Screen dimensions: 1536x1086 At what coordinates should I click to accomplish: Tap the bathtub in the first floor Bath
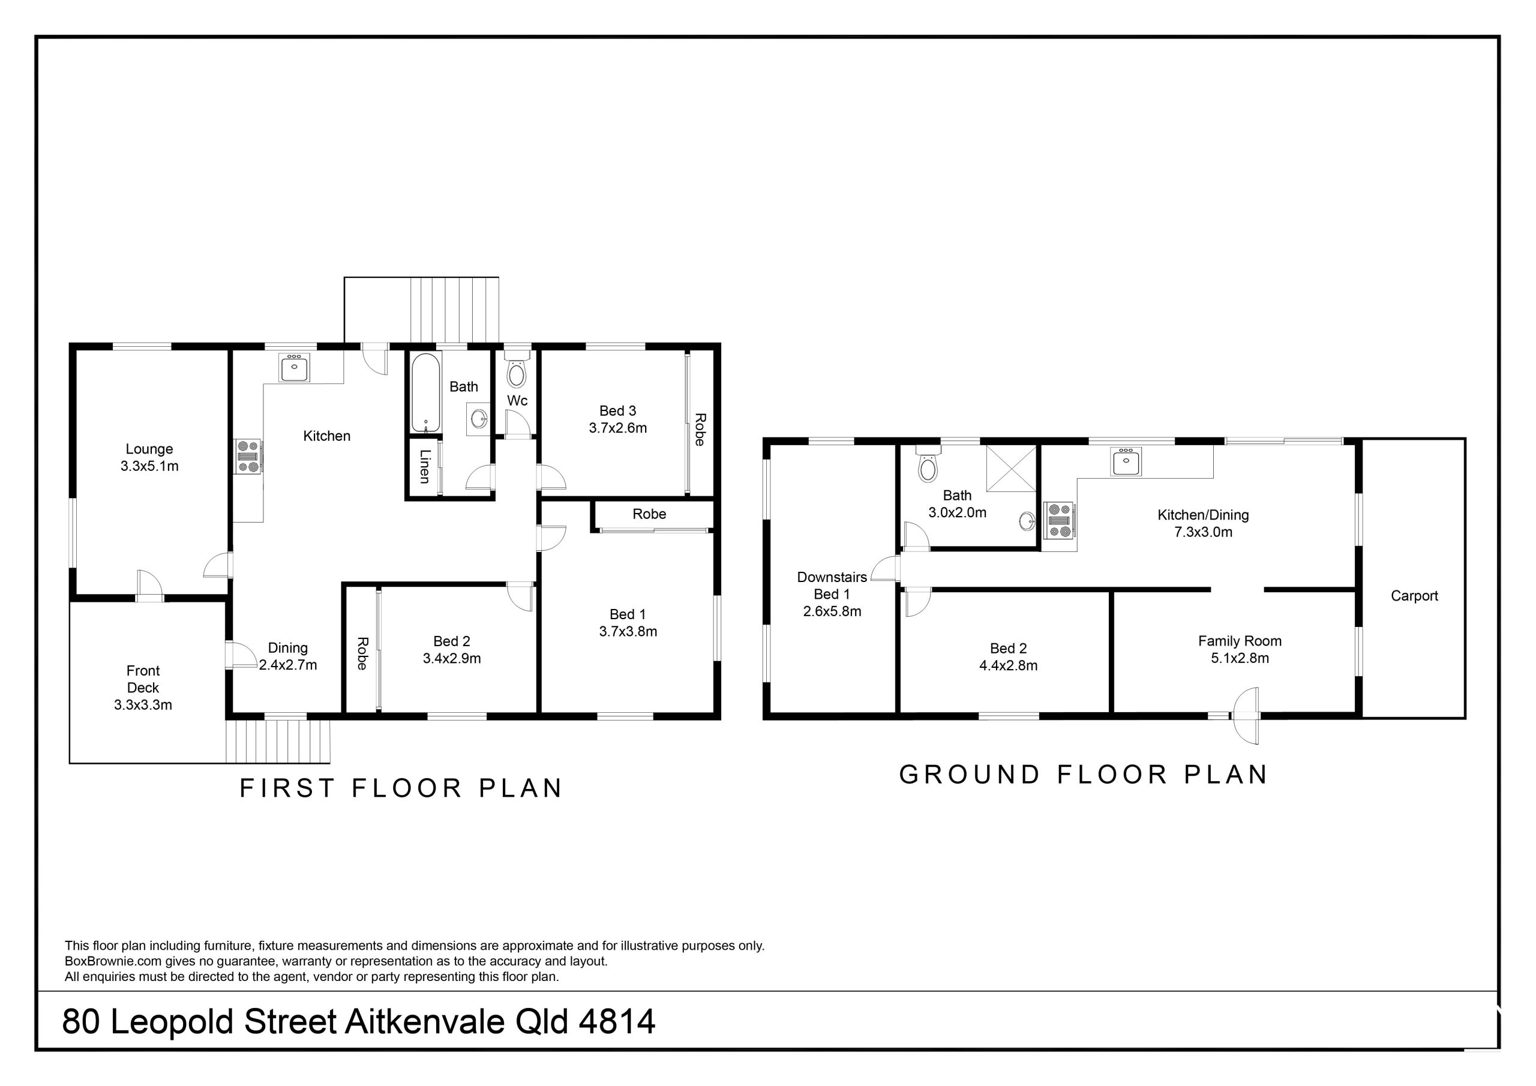(x=425, y=392)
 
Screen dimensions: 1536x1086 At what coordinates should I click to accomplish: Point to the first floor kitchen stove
(x=248, y=457)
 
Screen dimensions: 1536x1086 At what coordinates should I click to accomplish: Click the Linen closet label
(x=425, y=466)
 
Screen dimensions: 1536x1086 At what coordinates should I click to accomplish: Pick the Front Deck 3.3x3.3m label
(x=143, y=687)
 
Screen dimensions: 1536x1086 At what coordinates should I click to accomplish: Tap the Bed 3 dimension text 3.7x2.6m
(x=617, y=428)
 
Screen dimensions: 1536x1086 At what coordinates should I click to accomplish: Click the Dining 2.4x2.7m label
(x=287, y=656)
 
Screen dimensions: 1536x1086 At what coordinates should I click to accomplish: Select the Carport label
(x=1414, y=596)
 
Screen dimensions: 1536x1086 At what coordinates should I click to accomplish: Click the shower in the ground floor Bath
(x=1011, y=469)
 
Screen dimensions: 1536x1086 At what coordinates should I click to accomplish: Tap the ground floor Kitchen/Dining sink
(x=1127, y=461)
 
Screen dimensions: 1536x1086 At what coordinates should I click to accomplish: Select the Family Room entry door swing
(x=1246, y=715)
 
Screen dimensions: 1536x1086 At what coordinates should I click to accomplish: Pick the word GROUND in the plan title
(x=968, y=775)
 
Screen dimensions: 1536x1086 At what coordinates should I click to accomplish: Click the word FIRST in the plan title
(x=287, y=788)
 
